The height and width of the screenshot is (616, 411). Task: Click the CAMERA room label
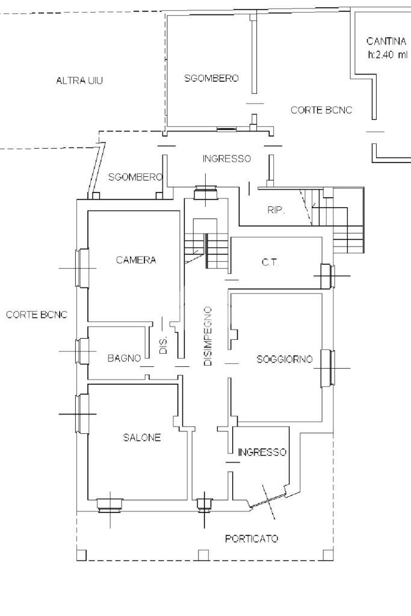(136, 260)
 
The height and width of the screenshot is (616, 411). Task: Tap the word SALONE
(142, 438)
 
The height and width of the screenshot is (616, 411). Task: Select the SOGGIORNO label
(285, 360)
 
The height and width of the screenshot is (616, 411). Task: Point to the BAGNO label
(124, 358)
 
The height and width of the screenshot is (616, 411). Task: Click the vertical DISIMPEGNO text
(208, 336)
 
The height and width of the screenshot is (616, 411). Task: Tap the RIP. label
(276, 211)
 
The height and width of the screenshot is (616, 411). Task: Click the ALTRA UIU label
(79, 80)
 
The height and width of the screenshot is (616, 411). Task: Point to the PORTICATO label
(252, 539)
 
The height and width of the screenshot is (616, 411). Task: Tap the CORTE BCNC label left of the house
(37, 315)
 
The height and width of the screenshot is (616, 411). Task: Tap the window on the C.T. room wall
(327, 276)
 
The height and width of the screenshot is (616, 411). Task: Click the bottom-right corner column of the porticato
(327, 554)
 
